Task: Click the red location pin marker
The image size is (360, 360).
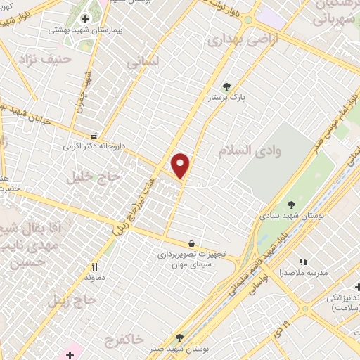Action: click(x=181, y=165)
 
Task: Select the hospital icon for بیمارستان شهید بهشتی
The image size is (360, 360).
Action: click(x=86, y=19)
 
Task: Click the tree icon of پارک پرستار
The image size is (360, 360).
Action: click(x=226, y=86)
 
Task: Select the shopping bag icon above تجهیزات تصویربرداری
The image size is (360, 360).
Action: click(x=192, y=242)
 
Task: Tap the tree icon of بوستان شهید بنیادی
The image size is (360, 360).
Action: click(x=291, y=205)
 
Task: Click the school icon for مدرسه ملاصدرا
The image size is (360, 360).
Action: click(x=303, y=262)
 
